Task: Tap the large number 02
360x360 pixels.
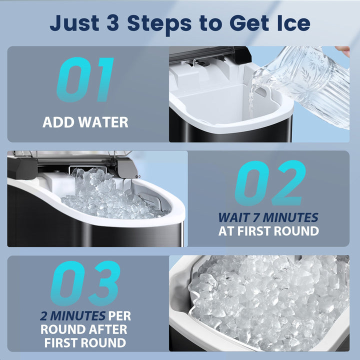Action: tap(270, 183)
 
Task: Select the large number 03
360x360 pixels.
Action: tap(85, 284)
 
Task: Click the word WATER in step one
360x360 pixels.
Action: tap(103, 122)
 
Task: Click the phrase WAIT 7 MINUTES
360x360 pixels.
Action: tap(268, 217)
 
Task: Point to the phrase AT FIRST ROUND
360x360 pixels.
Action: tap(268, 231)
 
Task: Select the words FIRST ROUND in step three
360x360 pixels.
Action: tap(85, 343)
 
